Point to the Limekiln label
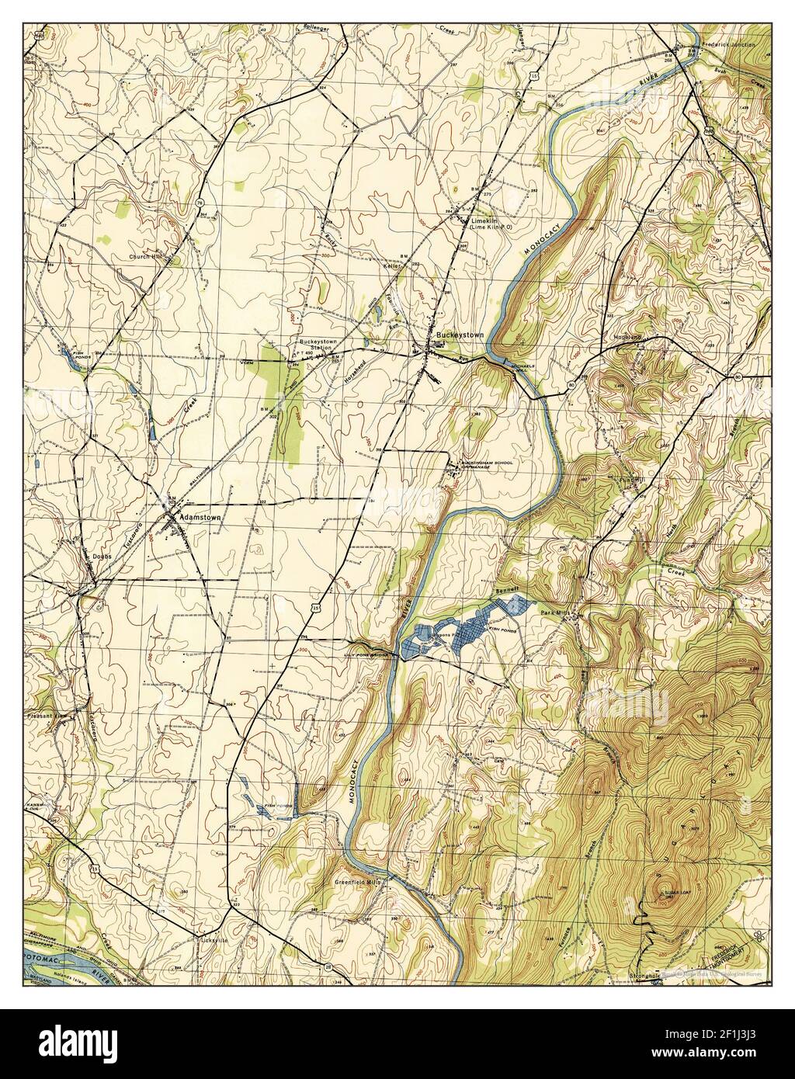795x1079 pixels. (x=487, y=221)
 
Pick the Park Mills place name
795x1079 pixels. (x=557, y=613)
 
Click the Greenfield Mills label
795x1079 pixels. (x=357, y=883)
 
